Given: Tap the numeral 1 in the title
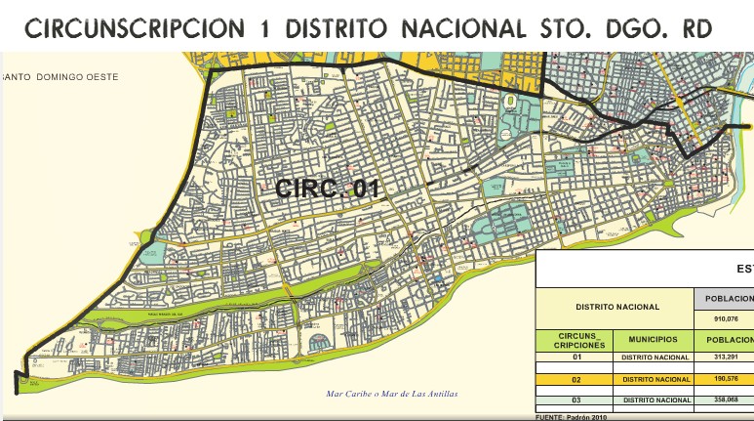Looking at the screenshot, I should coord(266,29).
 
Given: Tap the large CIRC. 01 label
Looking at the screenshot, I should coord(326,189).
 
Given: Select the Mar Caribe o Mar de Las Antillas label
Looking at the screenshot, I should coord(391,395).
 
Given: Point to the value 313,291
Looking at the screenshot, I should coord(723,358).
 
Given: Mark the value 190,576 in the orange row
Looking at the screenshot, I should coord(723,378).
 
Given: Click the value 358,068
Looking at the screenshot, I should coord(723,400).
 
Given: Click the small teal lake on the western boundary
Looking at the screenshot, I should coord(147,236).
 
